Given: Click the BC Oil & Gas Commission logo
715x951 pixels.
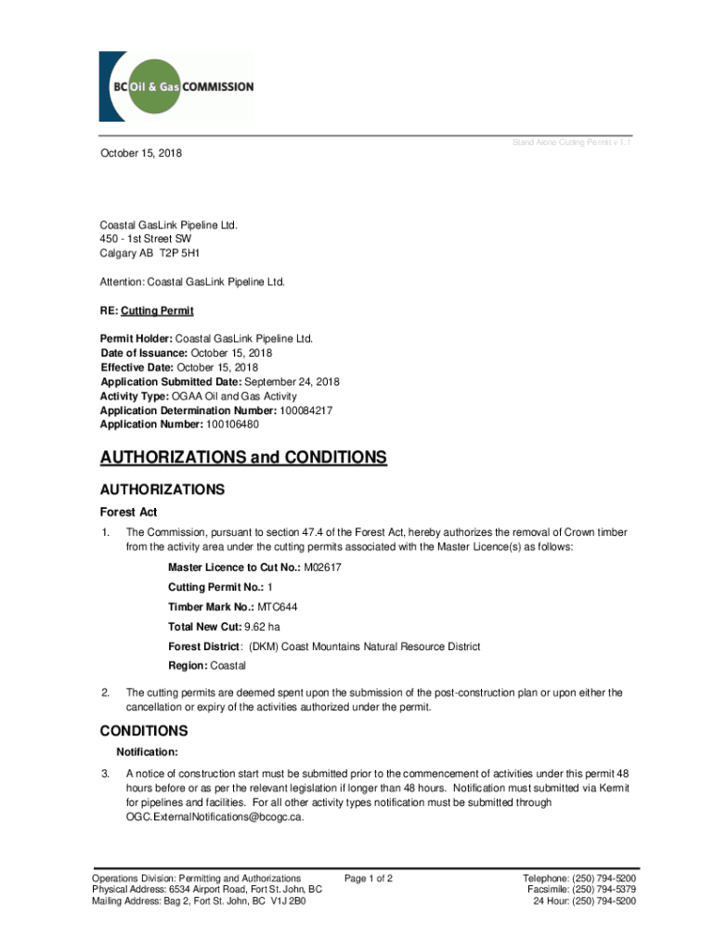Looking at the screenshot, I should pyautogui.click(x=175, y=86).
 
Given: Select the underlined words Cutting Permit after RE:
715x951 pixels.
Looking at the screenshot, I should pyautogui.click(x=159, y=310).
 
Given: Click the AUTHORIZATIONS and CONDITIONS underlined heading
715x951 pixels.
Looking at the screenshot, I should pyautogui.click(x=242, y=458).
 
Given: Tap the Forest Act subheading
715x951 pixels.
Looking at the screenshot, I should pyautogui.click(x=129, y=512).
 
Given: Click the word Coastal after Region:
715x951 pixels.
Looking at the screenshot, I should pyautogui.click(x=228, y=666).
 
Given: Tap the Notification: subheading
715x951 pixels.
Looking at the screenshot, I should pyautogui.click(x=147, y=751).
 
